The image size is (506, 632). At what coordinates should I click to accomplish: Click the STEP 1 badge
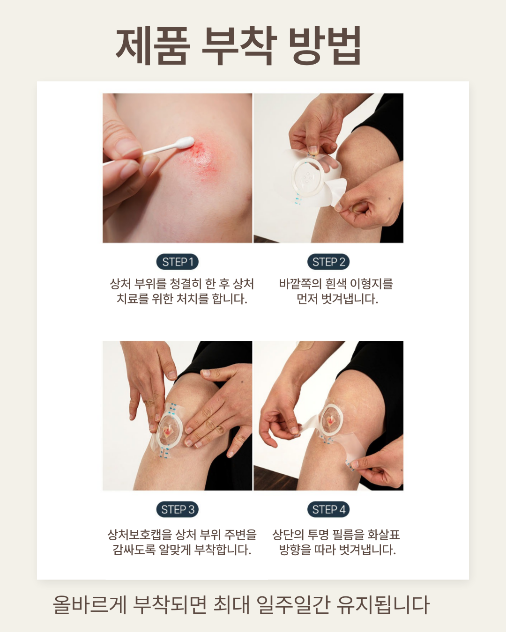(177, 262)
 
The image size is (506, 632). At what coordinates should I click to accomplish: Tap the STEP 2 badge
(328, 262)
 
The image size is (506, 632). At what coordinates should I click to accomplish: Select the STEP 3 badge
(177, 509)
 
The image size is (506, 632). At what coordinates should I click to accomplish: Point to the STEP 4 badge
(328, 509)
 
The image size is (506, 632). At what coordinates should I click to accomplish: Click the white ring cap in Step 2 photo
(307, 176)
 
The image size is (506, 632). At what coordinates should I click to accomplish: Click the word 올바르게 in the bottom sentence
(89, 605)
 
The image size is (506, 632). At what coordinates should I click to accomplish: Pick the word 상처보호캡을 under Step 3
(139, 535)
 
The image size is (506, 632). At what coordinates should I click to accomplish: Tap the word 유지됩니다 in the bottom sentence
(383, 605)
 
